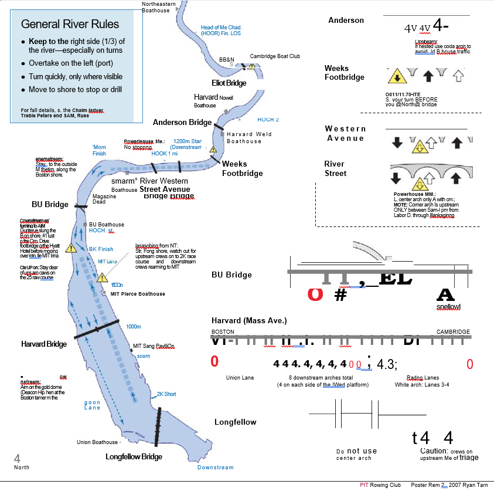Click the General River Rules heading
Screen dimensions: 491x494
(x=70, y=24)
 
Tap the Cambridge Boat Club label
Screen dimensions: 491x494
(x=275, y=56)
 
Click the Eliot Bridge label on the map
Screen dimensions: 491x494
(x=229, y=83)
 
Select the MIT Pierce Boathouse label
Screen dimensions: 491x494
(x=138, y=294)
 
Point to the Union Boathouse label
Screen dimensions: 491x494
(x=97, y=442)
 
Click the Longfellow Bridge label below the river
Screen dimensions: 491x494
(x=134, y=456)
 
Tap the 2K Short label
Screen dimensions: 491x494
(x=166, y=394)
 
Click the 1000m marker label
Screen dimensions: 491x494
(x=134, y=326)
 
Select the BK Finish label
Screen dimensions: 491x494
(x=101, y=249)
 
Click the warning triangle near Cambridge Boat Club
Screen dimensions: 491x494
(x=251, y=66)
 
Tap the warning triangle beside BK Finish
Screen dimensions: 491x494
(x=71, y=248)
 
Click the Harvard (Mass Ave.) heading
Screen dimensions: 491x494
(x=249, y=321)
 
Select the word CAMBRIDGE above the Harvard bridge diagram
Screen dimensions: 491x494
(x=453, y=332)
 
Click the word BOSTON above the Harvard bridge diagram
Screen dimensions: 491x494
(x=222, y=332)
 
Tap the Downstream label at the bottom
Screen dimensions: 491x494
(x=215, y=468)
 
